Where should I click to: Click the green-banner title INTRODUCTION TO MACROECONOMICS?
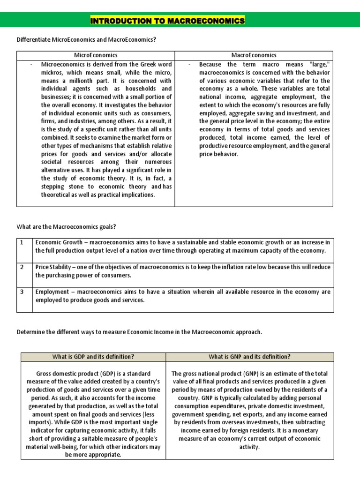coord(167,21)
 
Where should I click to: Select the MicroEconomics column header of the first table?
coord(96,55)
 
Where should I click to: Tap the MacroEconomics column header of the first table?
coord(254,55)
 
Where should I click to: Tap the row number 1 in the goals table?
coord(21,242)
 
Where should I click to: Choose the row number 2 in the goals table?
coord(21,267)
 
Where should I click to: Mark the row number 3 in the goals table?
coord(21,292)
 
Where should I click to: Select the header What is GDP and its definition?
coord(93,357)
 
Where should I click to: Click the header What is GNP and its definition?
coord(249,357)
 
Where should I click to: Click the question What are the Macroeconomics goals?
coord(66,227)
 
